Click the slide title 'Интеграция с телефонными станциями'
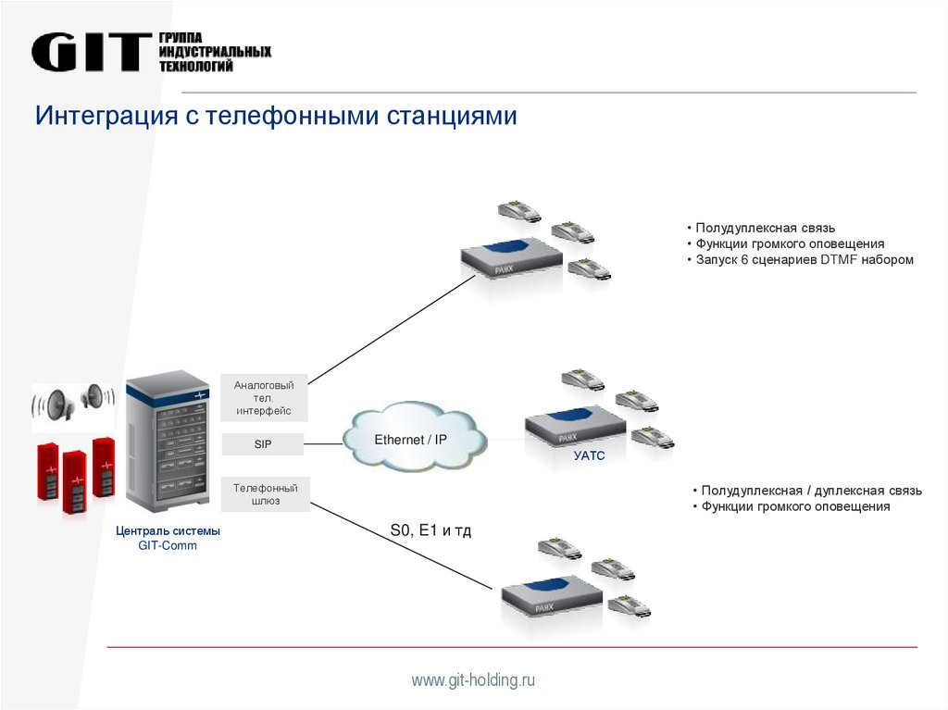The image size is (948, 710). [276, 117]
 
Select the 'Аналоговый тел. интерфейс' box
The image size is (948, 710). [264, 397]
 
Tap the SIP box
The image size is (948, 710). [264, 444]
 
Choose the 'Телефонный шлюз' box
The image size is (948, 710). [264, 494]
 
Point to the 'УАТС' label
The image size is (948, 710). [589, 455]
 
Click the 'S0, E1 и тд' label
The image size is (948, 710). [430, 531]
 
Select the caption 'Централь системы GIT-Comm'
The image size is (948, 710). [168, 539]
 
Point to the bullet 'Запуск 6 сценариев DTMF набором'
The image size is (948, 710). [800, 260]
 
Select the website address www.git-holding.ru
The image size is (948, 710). [474, 680]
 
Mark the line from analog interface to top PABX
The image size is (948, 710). [389, 330]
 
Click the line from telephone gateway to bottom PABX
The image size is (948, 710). [398, 545]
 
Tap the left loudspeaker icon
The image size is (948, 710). [54, 405]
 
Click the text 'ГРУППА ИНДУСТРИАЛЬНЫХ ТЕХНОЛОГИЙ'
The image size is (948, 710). [215, 52]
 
